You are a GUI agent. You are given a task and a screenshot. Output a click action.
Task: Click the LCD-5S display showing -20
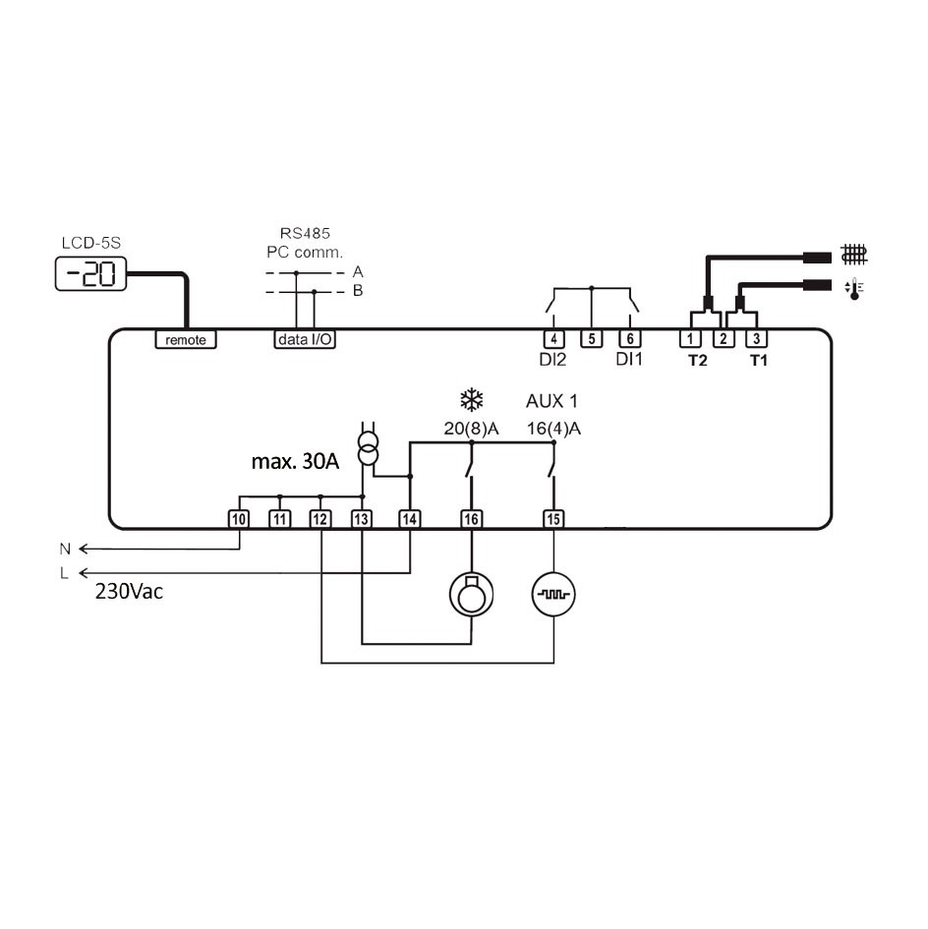pos(90,274)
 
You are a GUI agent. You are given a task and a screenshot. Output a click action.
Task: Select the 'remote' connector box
pos(186,339)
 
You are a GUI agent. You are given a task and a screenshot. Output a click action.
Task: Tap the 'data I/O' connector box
pos(304,339)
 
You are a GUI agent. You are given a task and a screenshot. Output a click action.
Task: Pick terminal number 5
pos(591,338)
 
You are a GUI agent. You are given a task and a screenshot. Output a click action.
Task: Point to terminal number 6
pos(627,338)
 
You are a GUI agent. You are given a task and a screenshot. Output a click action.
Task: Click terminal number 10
pos(239,518)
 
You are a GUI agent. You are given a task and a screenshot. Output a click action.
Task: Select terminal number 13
pos(362,518)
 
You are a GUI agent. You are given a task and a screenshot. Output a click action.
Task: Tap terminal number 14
pos(409,518)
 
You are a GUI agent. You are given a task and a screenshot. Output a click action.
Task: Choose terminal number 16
pos(472,518)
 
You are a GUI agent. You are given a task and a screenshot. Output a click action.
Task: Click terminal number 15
pos(554,518)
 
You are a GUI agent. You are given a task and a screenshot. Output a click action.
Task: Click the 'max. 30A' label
pos(295,461)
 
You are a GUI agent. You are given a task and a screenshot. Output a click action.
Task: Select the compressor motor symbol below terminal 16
pos(472,593)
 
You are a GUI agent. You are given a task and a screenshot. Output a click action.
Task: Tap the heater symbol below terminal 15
pos(554,593)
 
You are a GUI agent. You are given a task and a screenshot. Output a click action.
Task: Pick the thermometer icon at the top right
pos(852,288)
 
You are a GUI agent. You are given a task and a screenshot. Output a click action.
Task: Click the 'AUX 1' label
pos(551,401)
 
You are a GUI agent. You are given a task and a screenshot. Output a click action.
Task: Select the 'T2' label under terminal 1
pos(697,361)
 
